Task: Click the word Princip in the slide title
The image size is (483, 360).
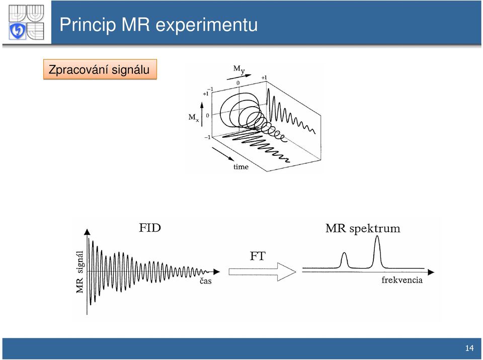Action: click(87, 24)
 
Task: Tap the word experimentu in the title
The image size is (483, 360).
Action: click(206, 25)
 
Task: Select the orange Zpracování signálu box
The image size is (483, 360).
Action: click(100, 69)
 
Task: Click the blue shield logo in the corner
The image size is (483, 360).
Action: click(17, 31)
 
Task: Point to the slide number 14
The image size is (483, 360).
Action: click(469, 348)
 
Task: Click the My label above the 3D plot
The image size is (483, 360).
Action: click(239, 69)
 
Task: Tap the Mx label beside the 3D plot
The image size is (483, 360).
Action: click(194, 118)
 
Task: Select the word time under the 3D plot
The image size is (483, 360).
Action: click(241, 166)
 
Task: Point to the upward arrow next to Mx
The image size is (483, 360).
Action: click(202, 115)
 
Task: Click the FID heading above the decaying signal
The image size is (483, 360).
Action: click(150, 228)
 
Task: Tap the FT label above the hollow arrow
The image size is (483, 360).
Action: click(258, 256)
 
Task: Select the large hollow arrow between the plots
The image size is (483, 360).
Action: click(263, 272)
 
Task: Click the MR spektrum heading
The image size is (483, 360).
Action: click(363, 228)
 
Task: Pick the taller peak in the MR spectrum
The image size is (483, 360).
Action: click(377, 252)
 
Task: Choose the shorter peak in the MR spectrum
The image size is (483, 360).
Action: click(344, 260)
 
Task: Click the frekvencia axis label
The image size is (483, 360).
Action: click(402, 280)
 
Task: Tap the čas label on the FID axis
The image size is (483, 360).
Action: click(205, 280)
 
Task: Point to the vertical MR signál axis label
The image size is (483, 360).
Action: click(80, 272)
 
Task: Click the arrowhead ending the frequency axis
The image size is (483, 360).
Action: click(431, 272)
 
